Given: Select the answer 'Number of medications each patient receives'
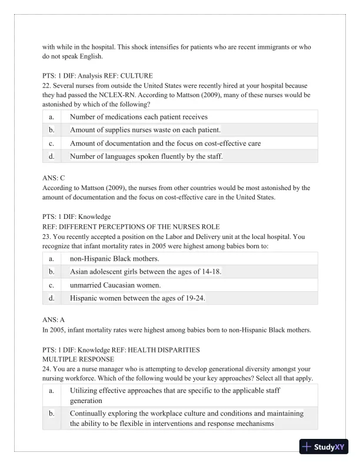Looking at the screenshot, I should pos(138,116).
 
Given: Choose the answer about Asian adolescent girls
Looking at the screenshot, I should pos(145,272).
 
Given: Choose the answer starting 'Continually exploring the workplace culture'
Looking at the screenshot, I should pos(186,418).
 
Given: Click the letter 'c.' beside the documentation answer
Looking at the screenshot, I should pos(52,143).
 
